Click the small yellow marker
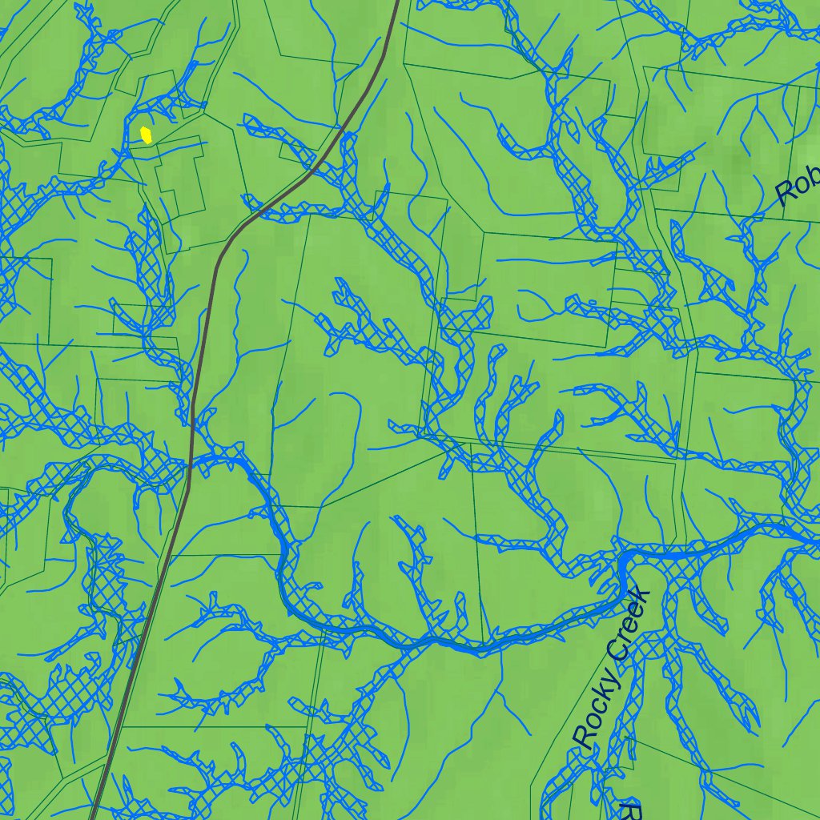tap(146, 134)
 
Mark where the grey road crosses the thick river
tap(191, 462)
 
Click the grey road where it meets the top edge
tap(397, 2)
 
